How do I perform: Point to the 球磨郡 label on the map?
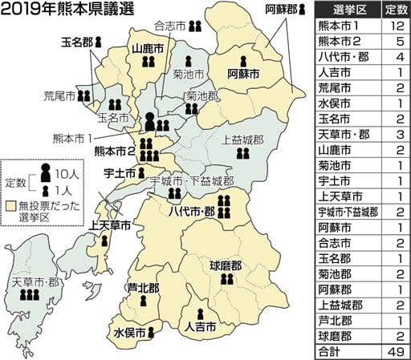coord(225,263)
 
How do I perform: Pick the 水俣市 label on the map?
coord(128,331)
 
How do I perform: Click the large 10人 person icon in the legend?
coord(45,172)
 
